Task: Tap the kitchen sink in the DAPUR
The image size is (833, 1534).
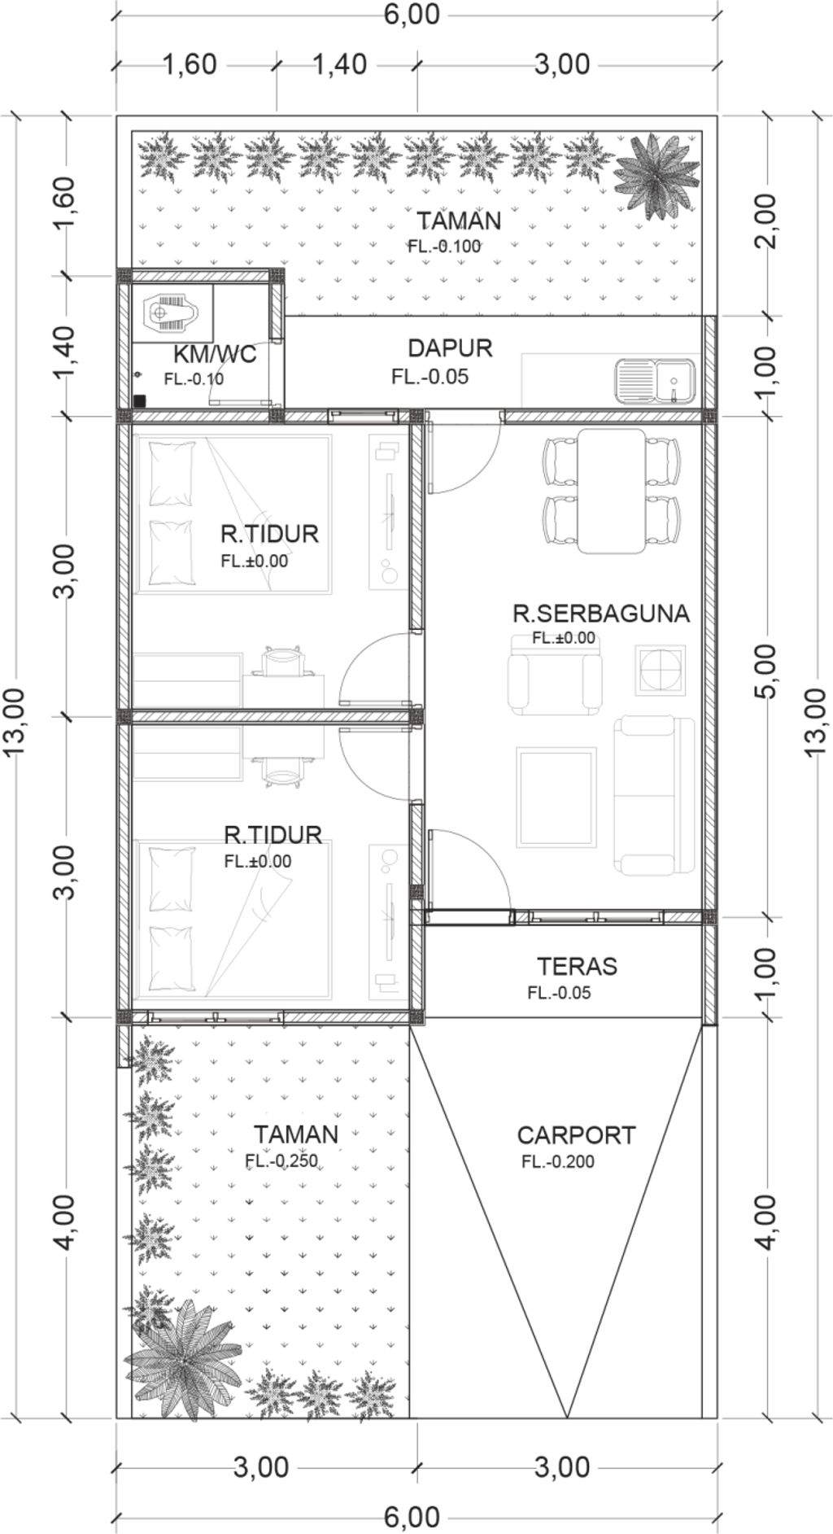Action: pyautogui.click(x=656, y=382)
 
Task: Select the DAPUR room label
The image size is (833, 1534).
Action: pyautogui.click(x=450, y=348)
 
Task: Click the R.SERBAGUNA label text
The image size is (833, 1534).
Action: pyautogui.click(x=601, y=613)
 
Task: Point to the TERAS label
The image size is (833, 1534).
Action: pyautogui.click(x=577, y=966)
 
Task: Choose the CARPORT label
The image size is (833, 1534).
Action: pyautogui.click(x=576, y=1135)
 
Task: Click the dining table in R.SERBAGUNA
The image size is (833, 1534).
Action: pyautogui.click(x=612, y=491)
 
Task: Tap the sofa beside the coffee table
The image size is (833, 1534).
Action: pyautogui.click(x=655, y=795)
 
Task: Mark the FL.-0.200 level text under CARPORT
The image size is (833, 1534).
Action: pyautogui.click(x=558, y=1161)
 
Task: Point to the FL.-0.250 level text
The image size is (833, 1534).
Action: pyautogui.click(x=281, y=1161)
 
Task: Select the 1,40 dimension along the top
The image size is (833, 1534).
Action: pyautogui.click(x=340, y=63)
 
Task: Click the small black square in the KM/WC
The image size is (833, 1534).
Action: pyautogui.click(x=139, y=400)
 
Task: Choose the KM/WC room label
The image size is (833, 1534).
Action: pyautogui.click(x=215, y=354)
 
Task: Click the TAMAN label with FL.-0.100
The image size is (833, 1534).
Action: pyautogui.click(x=459, y=221)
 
